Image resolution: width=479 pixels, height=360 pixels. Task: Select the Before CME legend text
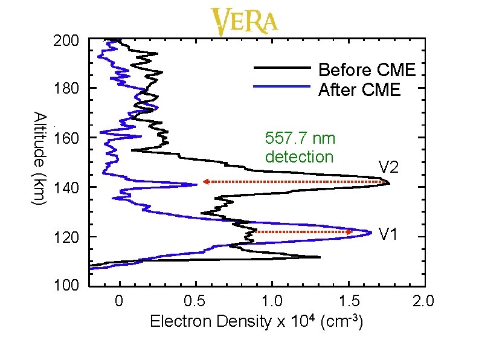[367, 70]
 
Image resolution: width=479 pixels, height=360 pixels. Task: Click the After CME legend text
[359, 91]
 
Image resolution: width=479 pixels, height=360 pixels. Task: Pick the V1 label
[388, 233]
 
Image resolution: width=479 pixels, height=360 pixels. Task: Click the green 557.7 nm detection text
[300, 148]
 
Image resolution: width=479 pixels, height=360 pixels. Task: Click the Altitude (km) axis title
[38, 158]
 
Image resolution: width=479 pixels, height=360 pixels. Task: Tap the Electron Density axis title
[256, 321]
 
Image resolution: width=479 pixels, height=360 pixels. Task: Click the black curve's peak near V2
[389, 183]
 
